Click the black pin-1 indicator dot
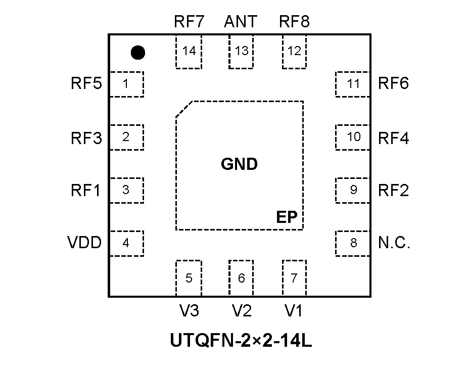(137, 52)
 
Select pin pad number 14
(189, 52)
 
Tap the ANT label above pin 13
(241, 22)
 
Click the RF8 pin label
(295, 22)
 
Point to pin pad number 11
(353, 84)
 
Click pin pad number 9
(353, 190)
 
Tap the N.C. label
(394, 243)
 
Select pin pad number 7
(294, 277)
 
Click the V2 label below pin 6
(242, 311)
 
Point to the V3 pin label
(189, 311)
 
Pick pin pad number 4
(126, 243)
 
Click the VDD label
(84, 243)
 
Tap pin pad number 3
(126, 190)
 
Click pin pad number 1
(126, 84)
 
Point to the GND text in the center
(240, 164)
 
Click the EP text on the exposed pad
(287, 217)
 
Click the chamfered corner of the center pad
(184, 109)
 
